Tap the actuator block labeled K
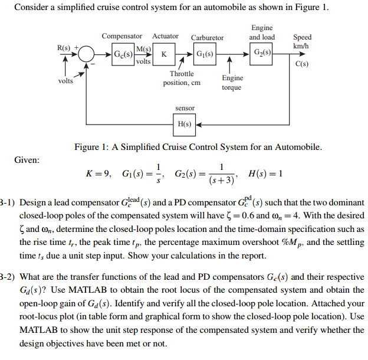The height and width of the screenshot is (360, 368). (165, 54)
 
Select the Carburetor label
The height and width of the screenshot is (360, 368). (207, 37)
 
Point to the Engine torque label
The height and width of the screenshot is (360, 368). (232, 83)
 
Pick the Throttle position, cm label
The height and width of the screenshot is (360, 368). (182, 78)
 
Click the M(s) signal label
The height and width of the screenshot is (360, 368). (143, 48)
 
